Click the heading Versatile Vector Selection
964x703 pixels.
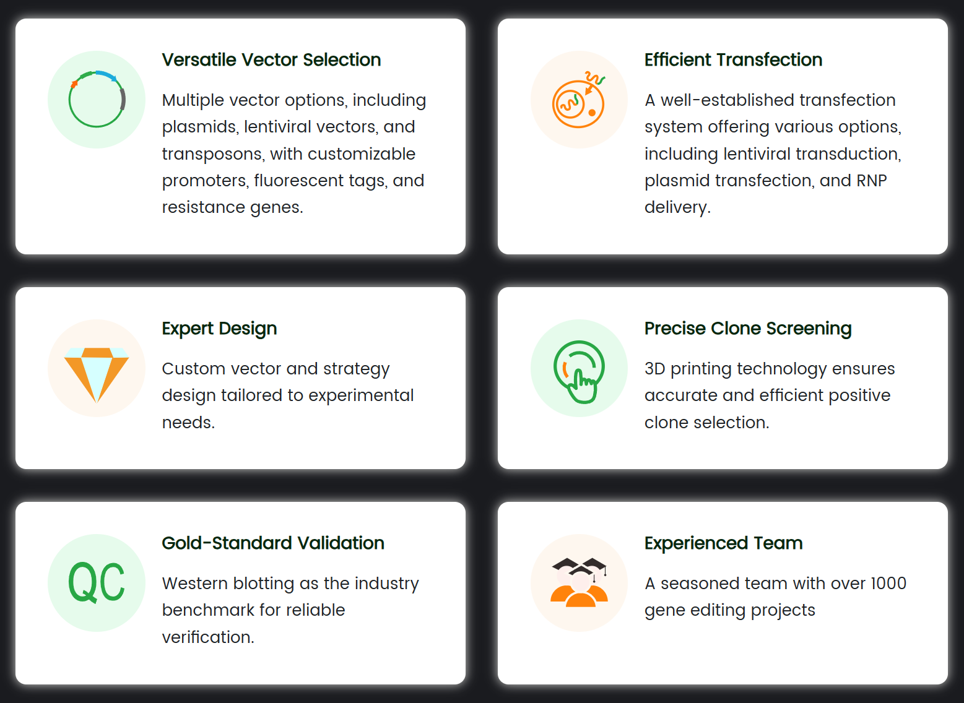click(271, 60)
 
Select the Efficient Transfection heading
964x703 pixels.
click(733, 60)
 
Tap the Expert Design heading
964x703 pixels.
click(219, 329)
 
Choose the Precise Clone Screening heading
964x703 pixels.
click(748, 329)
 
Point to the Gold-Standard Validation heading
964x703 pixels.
click(273, 543)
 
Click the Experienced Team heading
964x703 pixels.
click(723, 544)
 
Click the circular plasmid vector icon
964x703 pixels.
click(97, 99)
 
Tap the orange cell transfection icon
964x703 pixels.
click(579, 100)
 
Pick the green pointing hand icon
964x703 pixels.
click(579, 372)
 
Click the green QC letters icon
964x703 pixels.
click(97, 582)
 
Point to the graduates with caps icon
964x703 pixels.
click(579, 582)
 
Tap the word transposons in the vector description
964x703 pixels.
click(213, 155)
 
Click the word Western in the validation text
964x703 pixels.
click(195, 584)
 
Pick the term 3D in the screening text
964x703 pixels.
click(654, 369)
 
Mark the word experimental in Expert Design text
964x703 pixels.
click(361, 396)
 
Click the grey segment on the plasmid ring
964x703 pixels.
click(123, 100)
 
